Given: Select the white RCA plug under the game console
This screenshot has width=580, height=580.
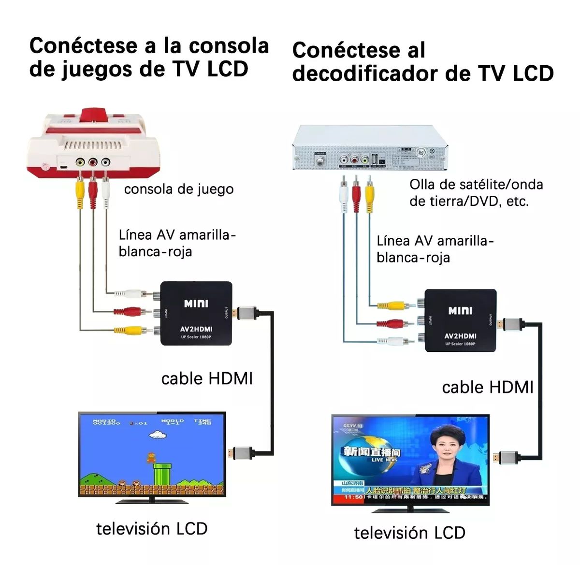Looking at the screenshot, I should (106, 193).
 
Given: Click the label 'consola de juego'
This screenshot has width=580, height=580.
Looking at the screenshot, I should (179, 189).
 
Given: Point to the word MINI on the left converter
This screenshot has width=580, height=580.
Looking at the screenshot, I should (196, 304).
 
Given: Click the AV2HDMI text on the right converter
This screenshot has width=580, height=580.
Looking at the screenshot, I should (460, 335).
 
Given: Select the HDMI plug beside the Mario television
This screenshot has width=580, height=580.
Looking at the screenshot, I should (242, 453).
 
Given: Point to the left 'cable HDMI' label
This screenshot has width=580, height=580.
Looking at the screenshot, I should (207, 378).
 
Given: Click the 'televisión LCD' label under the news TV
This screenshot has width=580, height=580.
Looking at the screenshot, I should (409, 533).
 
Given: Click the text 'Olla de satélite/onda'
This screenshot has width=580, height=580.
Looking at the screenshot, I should (476, 184).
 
